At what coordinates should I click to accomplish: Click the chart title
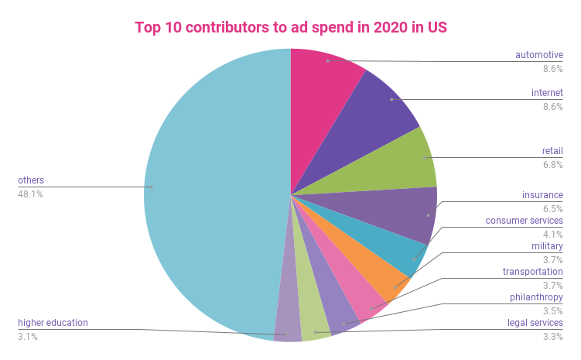(290, 27)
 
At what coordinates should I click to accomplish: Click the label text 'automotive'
(539, 55)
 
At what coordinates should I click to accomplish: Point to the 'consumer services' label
(524, 221)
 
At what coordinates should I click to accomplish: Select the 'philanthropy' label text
(535, 297)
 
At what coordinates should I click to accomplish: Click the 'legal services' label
(535, 322)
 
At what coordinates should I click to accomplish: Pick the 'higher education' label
(53, 322)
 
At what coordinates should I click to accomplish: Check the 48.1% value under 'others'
(30, 194)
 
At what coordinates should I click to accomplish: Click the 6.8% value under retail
(552, 164)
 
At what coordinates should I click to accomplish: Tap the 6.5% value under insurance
(552, 208)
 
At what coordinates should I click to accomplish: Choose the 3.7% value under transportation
(552, 285)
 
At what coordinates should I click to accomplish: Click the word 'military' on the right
(547, 246)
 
